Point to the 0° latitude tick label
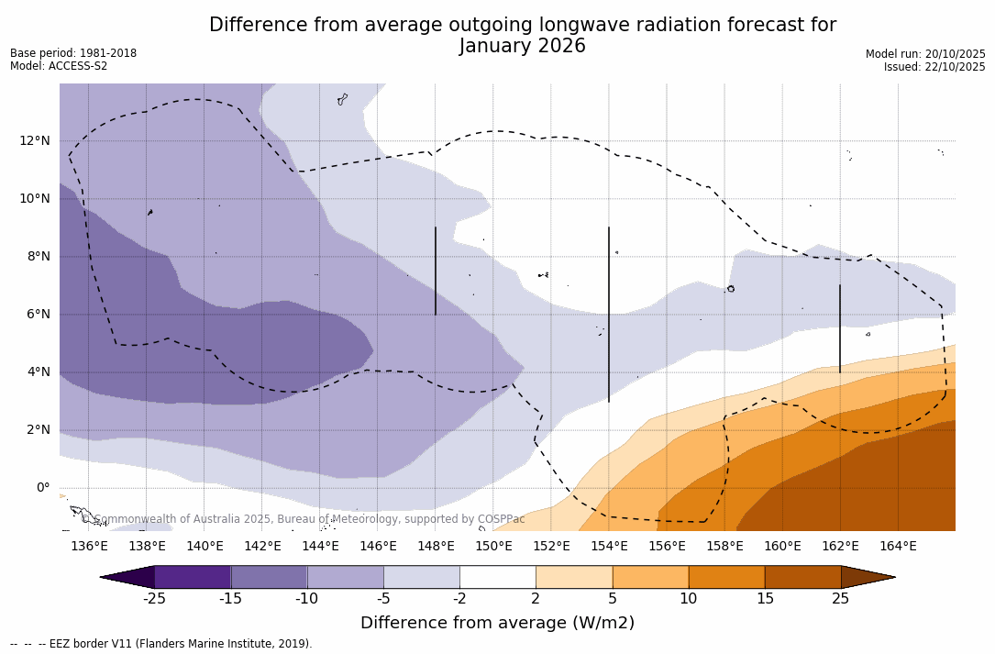pos(43,487)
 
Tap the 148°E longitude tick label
pos(436,546)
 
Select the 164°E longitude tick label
pos(898,546)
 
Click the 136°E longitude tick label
pos(89,546)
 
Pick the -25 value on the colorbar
pos(154,599)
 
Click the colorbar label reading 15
pos(765,599)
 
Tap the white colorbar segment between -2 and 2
pos(498,577)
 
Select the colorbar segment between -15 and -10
pos(269,577)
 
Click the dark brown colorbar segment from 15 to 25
pos(802,577)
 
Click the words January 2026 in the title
pos(523,46)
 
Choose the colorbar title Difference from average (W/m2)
pos(497,623)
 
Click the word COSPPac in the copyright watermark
pos(501,519)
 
